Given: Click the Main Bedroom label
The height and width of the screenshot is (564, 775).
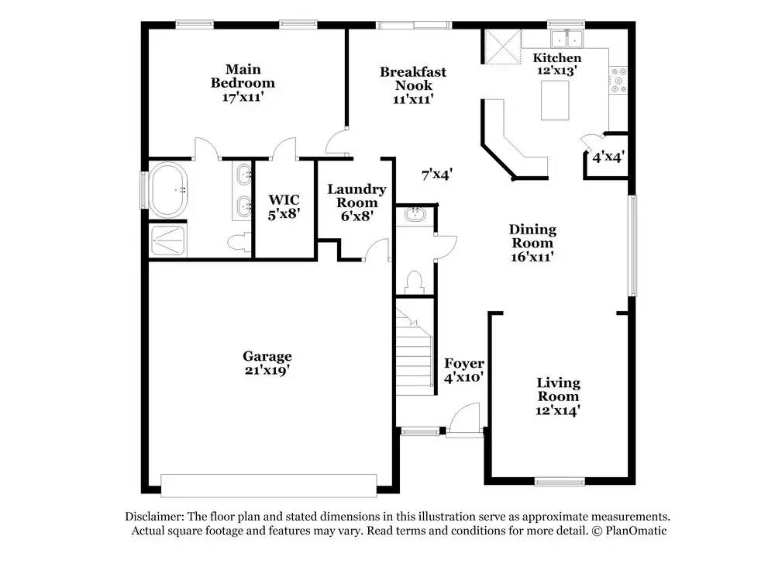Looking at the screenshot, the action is [x=243, y=76].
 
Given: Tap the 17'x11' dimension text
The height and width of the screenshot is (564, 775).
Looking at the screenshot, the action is [x=242, y=96].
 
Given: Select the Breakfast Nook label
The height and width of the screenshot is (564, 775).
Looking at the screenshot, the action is [x=413, y=78].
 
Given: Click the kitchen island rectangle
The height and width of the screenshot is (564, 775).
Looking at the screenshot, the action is [x=555, y=100].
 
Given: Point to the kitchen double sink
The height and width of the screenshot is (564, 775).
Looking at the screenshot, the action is [x=567, y=39].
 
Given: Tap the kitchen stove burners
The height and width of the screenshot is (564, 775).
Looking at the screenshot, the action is [x=618, y=81].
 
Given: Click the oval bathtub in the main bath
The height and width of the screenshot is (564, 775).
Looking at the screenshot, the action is [x=168, y=190].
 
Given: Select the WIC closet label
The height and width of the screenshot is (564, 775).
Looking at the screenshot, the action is [x=284, y=200].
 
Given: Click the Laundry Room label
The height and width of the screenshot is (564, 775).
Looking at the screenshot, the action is [x=356, y=196].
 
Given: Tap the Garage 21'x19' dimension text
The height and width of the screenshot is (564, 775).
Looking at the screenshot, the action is [x=267, y=370].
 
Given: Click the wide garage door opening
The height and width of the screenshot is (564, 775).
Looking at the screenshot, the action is [x=269, y=486].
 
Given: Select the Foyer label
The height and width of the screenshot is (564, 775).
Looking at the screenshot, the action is [x=463, y=364].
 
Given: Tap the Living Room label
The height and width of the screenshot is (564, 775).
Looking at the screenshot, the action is [x=558, y=389].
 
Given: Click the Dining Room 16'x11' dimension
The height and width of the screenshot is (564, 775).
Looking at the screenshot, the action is [x=532, y=257].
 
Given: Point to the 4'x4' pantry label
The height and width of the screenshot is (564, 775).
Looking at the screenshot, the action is [x=608, y=157].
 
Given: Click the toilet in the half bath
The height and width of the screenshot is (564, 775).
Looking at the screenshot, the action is [x=414, y=282].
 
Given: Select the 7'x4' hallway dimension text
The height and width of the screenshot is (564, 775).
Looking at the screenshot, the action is [x=437, y=174].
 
